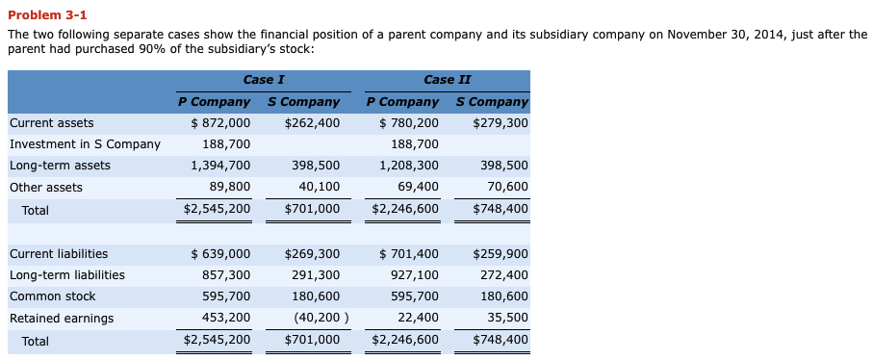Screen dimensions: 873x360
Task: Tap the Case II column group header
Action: pos(447,80)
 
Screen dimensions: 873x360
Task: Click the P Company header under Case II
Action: pos(402,101)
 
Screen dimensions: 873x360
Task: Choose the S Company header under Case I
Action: pos(303,101)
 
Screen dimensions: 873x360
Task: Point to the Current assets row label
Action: pos(52,123)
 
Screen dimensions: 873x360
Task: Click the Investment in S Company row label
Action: pos(85,144)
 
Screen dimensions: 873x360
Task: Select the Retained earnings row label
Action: pos(62,318)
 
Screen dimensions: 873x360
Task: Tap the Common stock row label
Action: pos(53,296)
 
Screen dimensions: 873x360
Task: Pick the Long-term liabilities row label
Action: pos(67,275)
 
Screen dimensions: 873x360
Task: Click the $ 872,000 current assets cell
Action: pos(220,123)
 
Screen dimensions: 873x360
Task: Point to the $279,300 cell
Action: pos(501,123)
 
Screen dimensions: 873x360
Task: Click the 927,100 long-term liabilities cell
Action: pos(414,275)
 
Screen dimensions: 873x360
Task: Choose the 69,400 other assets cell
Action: pos(418,187)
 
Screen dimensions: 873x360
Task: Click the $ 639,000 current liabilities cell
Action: pos(220,254)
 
